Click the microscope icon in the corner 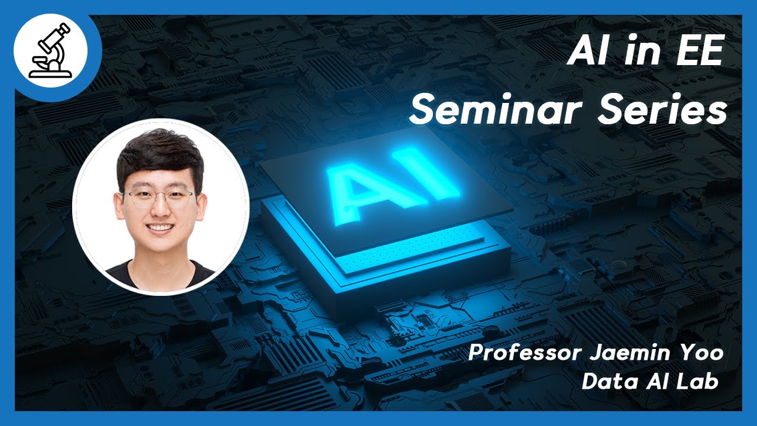click(50, 51)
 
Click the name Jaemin click(610, 353)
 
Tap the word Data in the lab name click(604, 382)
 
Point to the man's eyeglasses click(158, 198)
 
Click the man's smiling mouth click(160, 228)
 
